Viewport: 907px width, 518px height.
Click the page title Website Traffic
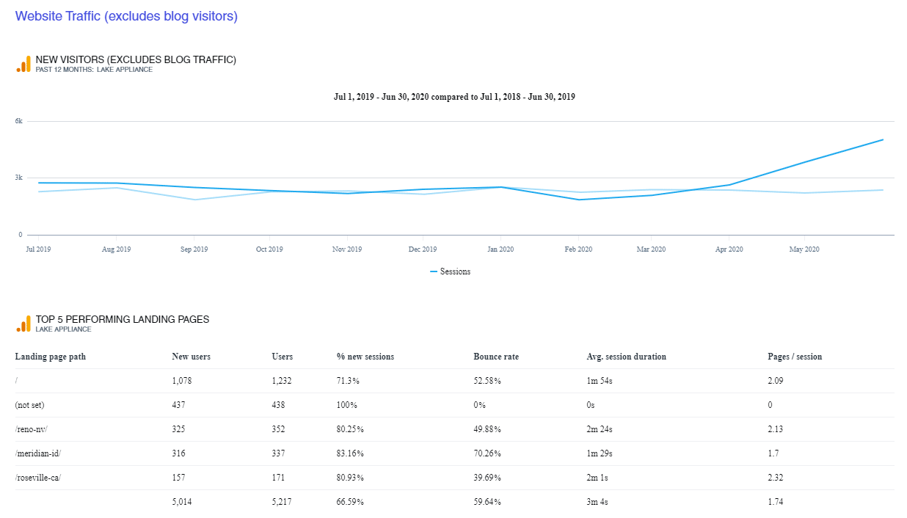pos(126,16)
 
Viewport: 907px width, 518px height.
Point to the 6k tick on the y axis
pos(19,121)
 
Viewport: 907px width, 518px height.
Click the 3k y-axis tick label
pos(19,178)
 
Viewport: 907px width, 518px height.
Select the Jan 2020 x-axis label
pos(500,249)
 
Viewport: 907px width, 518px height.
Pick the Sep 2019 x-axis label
pos(193,249)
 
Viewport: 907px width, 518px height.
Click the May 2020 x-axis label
pos(804,249)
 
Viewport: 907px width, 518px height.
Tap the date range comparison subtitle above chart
pos(453,97)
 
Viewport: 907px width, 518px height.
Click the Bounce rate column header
pos(495,357)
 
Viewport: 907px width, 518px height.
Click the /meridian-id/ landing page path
pos(38,453)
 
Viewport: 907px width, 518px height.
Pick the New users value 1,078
pos(183,381)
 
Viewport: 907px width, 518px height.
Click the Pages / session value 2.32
pos(776,478)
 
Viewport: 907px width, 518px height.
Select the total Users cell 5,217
pos(283,502)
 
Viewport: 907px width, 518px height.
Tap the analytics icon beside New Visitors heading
pos(23,64)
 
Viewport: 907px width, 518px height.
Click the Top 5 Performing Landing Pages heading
pos(123,319)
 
